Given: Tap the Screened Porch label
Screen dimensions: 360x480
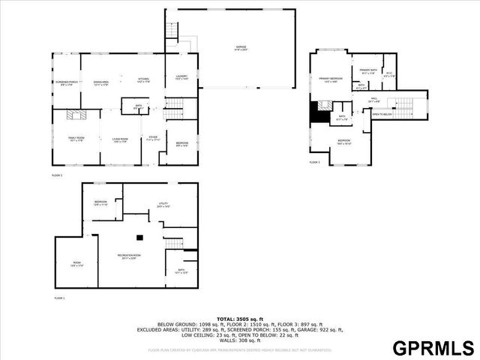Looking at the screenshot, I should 66,82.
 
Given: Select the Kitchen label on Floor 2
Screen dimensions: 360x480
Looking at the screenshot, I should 144,80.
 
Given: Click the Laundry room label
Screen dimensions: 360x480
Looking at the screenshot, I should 181,77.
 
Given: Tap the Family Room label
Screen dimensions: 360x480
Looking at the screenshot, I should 75,139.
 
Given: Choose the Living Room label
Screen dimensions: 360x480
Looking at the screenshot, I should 120,139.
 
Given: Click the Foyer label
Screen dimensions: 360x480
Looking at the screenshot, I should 153,138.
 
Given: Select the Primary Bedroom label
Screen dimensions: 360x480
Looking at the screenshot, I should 331,79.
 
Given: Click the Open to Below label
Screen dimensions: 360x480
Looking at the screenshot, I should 382,115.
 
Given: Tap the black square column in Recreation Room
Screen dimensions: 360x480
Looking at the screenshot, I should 139,238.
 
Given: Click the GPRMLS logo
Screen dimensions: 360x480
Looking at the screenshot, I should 433,347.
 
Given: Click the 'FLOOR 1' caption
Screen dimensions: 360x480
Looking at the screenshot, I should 59,298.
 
